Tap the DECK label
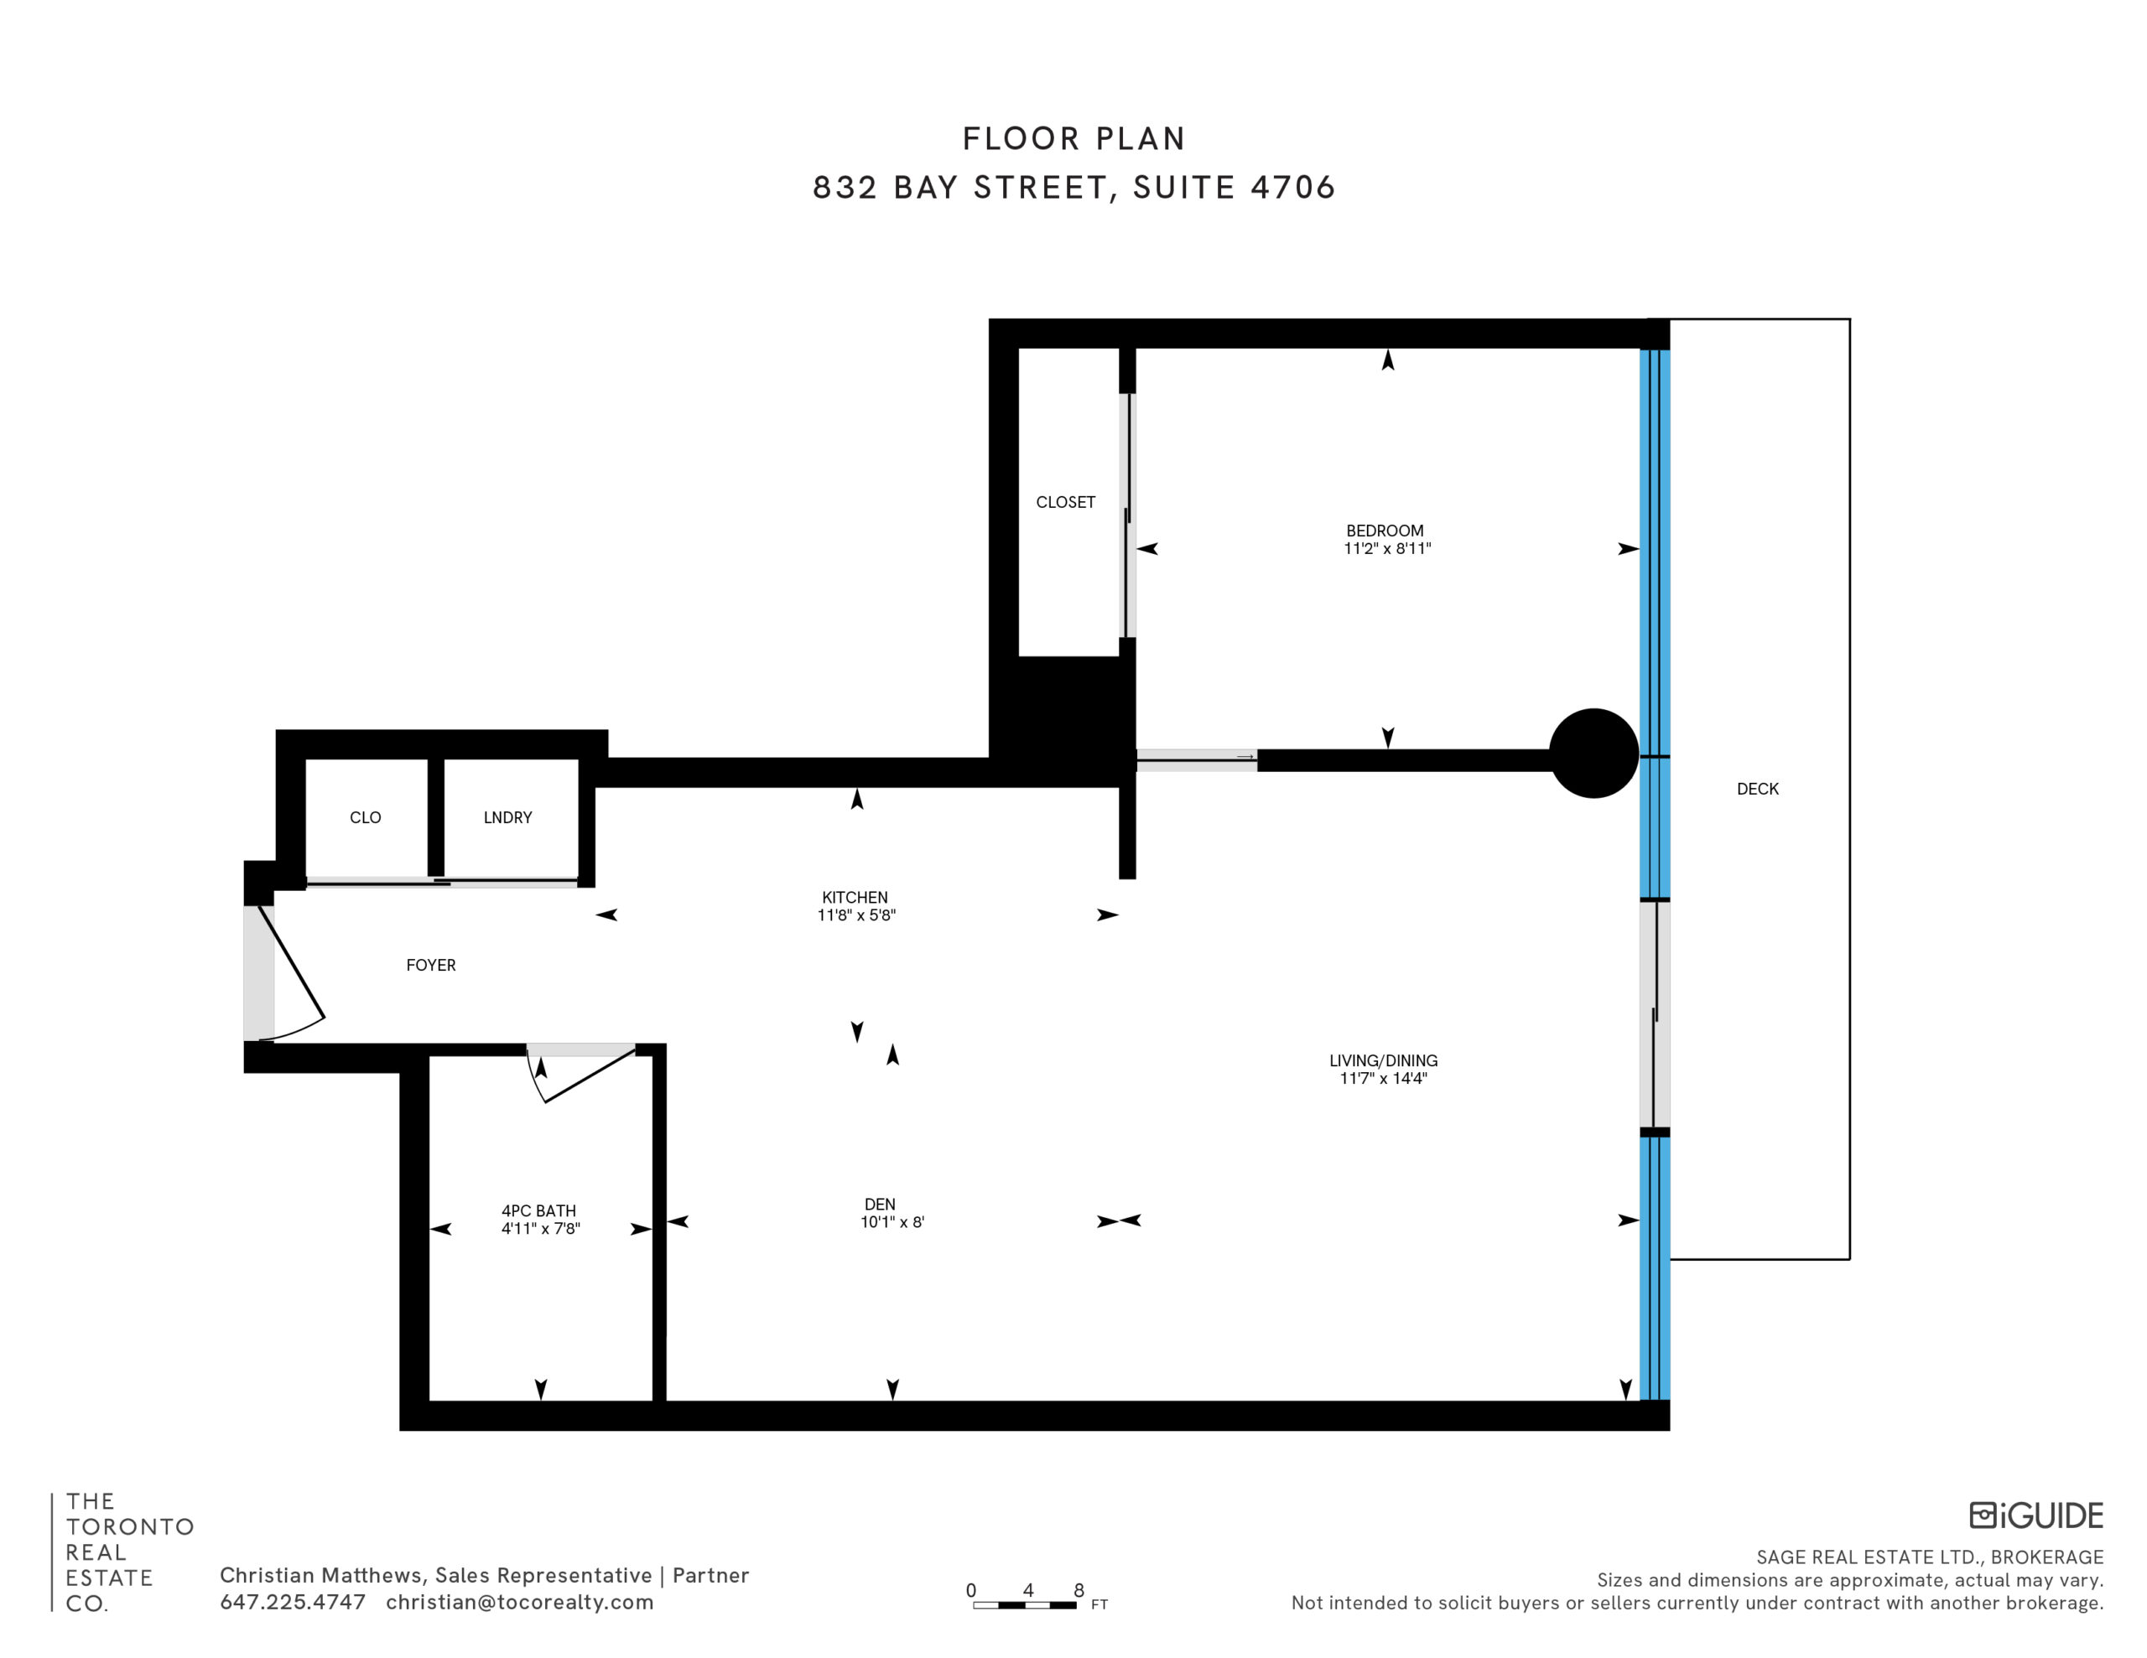[1758, 790]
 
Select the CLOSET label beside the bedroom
[1066, 502]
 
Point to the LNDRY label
[507, 818]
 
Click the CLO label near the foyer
[366, 818]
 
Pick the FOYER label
[430, 965]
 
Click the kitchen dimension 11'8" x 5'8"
[856, 915]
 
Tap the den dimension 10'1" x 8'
[892, 1223]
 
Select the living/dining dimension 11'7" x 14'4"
[1383, 1078]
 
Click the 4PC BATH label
[538, 1211]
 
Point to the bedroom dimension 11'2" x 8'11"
[1387, 548]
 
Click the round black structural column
[1593, 753]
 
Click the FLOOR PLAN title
[1073, 138]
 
